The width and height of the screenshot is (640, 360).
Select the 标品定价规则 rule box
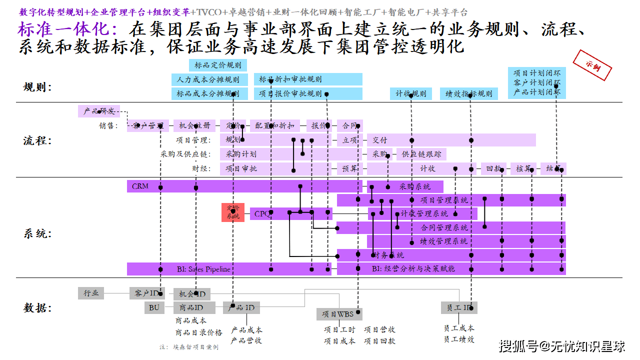coord(217,65)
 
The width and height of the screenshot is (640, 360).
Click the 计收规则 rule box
coord(411,93)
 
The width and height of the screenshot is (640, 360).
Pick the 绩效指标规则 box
coord(468,93)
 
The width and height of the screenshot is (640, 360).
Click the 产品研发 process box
coord(99,111)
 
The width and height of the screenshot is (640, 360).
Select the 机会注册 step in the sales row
coord(194,125)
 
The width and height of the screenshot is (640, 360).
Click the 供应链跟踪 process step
coord(421,154)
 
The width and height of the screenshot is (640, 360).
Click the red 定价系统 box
coord(233,212)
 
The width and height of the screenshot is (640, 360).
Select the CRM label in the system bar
coord(140,186)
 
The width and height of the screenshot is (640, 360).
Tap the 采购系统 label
coord(414,186)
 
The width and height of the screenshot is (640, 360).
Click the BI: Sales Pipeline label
coord(203,269)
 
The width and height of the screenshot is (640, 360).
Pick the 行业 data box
coord(91,293)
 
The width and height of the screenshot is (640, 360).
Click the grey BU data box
coord(154,307)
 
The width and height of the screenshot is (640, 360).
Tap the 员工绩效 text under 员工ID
coord(458,339)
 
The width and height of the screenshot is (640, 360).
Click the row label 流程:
coord(37,140)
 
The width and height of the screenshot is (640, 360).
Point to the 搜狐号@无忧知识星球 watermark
coord(562,345)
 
